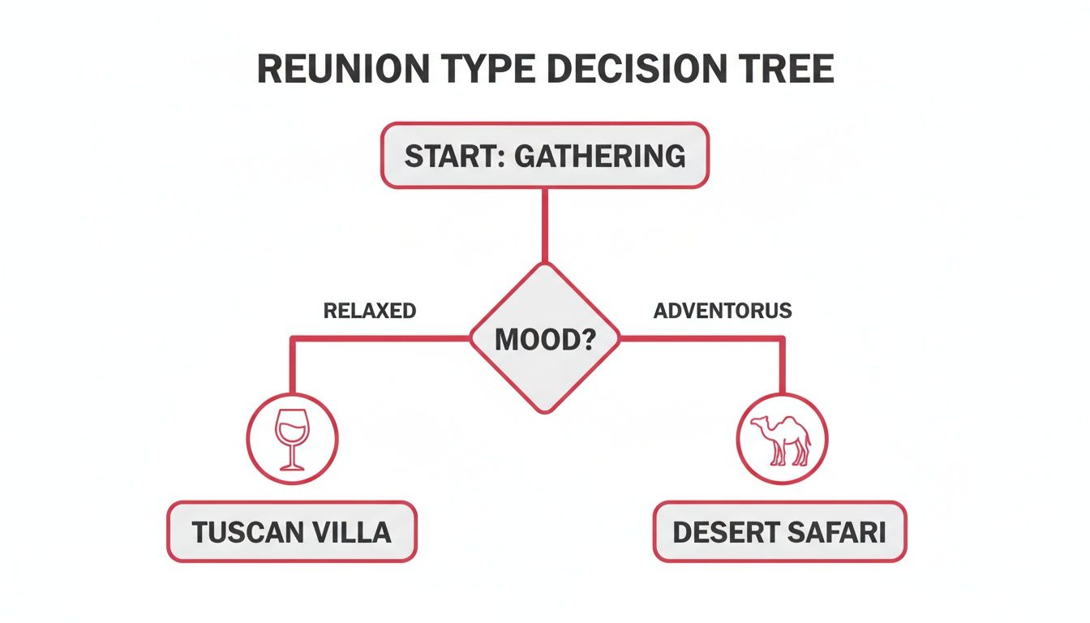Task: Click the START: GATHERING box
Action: pyautogui.click(x=545, y=156)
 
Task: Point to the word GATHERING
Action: pyautogui.click(x=600, y=156)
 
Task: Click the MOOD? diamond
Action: pyautogui.click(x=545, y=337)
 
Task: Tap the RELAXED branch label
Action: pyautogui.click(x=369, y=311)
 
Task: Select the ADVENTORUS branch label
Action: pyautogui.click(x=722, y=311)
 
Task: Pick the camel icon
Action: pyautogui.click(x=782, y=440)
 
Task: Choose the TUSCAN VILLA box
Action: pyautogui.click(x=291, y=532)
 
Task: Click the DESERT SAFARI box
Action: pyautogui.click(x=779, y=532)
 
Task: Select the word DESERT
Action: pyautogui.click(x=723, y=532)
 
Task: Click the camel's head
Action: pyautogui.click(x=758, y=422)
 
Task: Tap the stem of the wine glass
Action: pyautogui.click(x=291, y=456)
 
